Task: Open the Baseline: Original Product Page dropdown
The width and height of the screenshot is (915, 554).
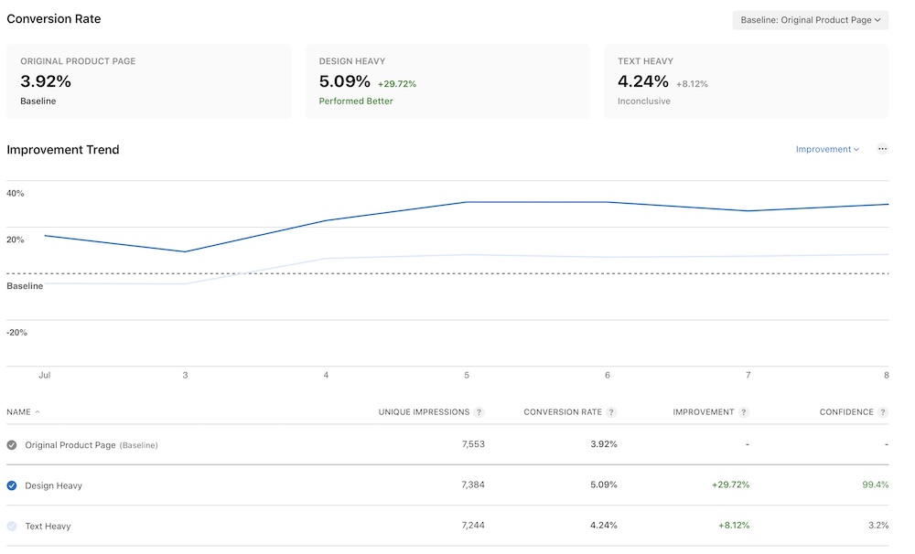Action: coord(810,20)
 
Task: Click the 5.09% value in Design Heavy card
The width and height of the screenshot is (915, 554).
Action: coord(345,81)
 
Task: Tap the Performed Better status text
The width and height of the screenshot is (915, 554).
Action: coord(356,101)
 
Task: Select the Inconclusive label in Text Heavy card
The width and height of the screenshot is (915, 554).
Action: coord(643,101)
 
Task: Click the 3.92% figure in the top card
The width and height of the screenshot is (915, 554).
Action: coord(46,81)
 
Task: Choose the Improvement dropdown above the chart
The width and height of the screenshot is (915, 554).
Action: coord(827,149)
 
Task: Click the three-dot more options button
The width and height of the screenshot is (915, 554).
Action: coord(882,149)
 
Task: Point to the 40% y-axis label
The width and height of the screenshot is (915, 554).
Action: coord(16,194)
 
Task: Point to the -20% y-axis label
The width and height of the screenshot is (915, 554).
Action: coord(16,333)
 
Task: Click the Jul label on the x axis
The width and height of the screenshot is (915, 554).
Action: coord(44,376)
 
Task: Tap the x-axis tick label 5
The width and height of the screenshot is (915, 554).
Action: coord(467,376)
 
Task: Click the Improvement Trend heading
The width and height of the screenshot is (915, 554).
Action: coord(63,150)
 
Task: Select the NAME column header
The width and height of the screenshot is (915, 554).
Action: coord(19,412)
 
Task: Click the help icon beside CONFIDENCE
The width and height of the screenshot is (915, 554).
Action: coord(883,412)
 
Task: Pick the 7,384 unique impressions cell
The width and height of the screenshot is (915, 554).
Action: coord(473,485)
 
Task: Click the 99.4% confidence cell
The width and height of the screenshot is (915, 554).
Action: coord(875,485)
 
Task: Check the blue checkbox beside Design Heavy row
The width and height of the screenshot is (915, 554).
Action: coord(12,485)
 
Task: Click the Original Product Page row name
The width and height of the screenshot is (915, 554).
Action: coord(70,445)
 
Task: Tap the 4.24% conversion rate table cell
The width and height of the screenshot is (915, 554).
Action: coord(603,526)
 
